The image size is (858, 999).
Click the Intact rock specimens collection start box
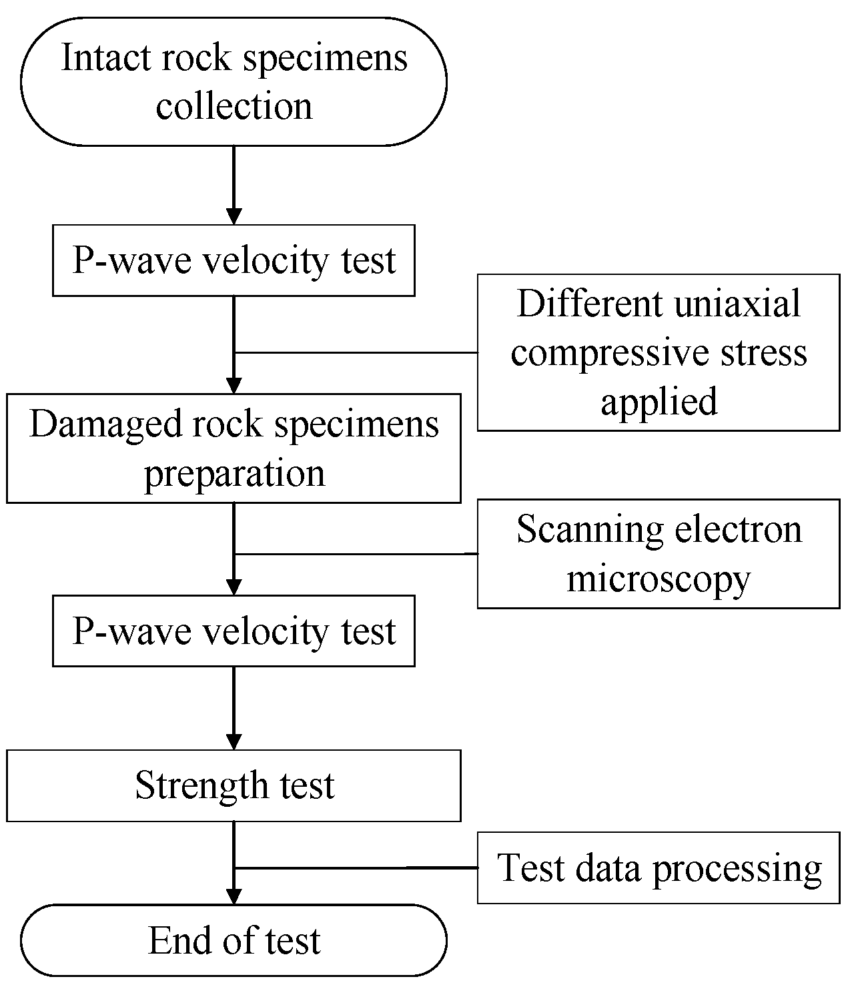[234, 81]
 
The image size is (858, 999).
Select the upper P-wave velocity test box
[234, 260]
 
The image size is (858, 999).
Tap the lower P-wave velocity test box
[234, 631]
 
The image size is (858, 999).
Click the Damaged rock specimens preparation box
[234, 448]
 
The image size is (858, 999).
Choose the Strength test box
[234, 785]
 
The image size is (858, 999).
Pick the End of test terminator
[234, 940]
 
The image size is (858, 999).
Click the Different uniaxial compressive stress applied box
[658, 352]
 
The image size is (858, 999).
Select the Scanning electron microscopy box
[658, 554]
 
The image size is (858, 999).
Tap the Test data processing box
[658, 868]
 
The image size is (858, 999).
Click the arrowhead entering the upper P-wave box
[234, 216]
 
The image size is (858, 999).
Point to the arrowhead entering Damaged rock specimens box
[234, 386]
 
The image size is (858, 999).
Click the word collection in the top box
[234, 107]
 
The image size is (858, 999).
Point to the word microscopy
[658, 578]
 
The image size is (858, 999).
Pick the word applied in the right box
[658, 402]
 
